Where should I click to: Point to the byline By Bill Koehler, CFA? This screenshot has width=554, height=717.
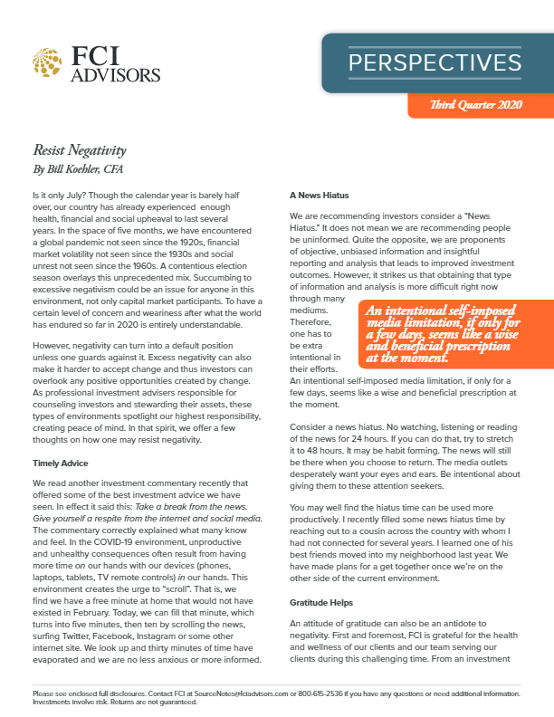81,168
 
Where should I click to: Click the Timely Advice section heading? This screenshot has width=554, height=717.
61,463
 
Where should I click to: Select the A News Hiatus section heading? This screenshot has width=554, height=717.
320,195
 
